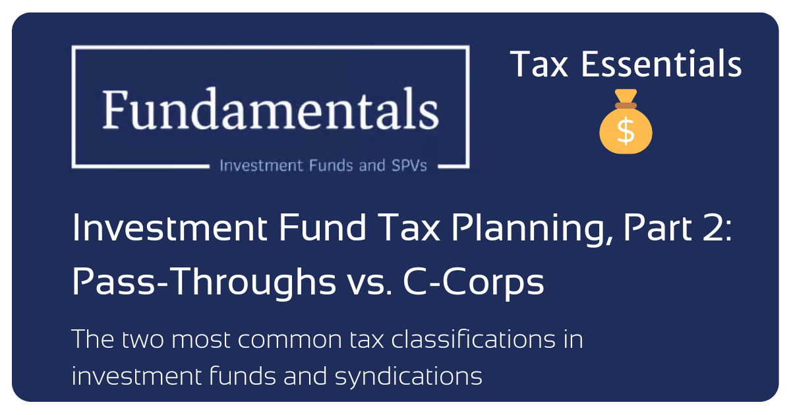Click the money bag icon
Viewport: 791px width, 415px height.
[x=626, y=123]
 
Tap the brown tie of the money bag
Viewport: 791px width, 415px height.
[x=626, y=105]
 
